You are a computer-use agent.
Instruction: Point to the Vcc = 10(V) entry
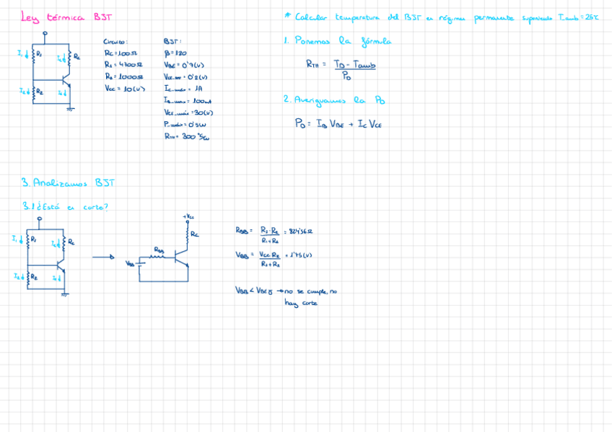click(x=125, y=89)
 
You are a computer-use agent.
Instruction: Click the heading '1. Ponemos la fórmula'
click(x=337, y=42)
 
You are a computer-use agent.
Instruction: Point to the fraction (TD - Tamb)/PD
click(x=354, y=69)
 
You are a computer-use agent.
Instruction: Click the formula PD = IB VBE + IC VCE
click(x=338, y=124)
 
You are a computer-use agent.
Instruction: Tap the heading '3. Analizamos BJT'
click(x=69, y=183)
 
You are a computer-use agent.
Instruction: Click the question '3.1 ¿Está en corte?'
click(x=66, y=207)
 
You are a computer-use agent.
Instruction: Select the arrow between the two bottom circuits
click(x=103, y=257)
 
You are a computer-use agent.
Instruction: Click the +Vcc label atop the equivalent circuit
click(x=188, y=216)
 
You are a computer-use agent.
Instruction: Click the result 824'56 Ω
click(x=300, y=232)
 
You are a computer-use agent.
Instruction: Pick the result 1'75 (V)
click(x=299, y=255)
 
